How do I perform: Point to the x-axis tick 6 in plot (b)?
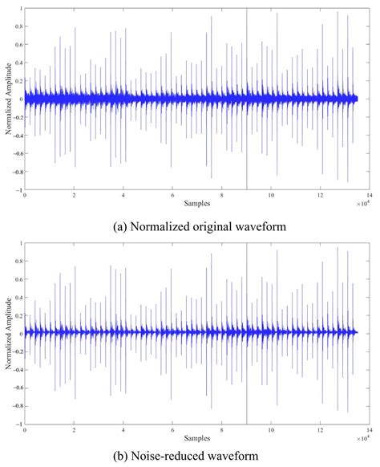pyautogui.click(x=172, y=428)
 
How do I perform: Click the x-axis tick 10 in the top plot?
pyautogui.click(x=271, y=195)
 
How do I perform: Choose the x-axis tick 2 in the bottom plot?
pyautogui.click(x=74, y=428)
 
